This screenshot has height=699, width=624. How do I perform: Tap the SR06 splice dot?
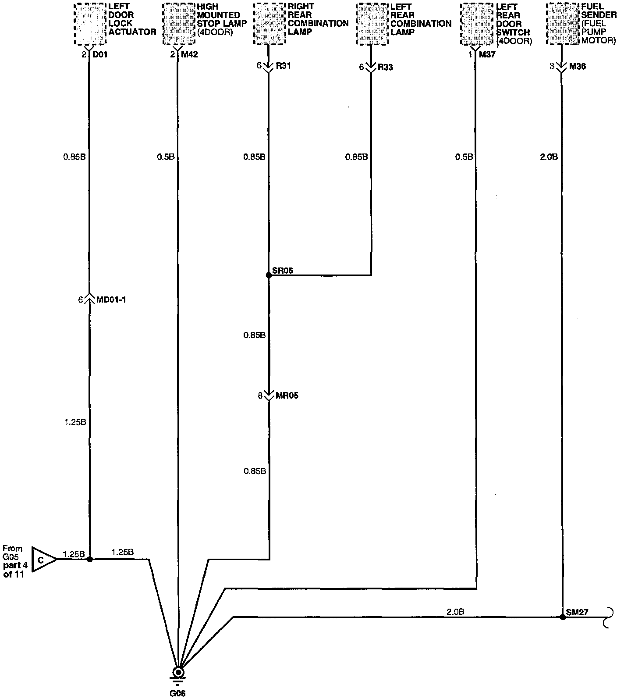[269, 275]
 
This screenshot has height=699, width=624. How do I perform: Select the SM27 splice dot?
[563, 617]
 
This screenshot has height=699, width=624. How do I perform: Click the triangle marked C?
[43, 560]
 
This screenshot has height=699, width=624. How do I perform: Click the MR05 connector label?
[287, 396]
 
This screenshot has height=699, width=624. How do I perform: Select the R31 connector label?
[283, 66]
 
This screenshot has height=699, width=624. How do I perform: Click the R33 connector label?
[385, 67]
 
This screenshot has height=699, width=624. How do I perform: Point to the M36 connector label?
[577, 67]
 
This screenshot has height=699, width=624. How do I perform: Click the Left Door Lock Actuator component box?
[90, 24]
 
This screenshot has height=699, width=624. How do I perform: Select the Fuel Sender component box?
[563, 24]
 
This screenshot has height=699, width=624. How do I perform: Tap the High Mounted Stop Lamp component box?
[178, 24]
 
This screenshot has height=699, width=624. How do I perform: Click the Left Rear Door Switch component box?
[476, 24]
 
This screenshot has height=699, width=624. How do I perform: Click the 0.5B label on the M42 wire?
[166, 157]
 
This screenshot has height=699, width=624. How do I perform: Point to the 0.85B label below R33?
[356, 157]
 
